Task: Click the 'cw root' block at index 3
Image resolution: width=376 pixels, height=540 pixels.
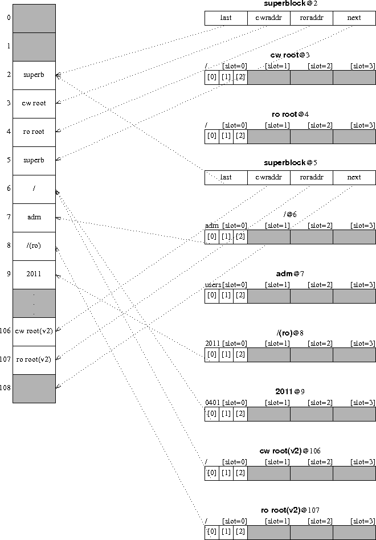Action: (34, 104)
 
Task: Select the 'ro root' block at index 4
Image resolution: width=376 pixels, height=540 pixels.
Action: (34, 132)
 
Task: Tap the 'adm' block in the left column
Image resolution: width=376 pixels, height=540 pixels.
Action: (34, 218)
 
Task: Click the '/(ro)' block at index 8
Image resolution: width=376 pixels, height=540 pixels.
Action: (34, 246)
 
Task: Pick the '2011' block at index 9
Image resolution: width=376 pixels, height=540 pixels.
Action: (34, 275)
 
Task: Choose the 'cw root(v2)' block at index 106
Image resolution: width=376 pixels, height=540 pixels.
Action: (34, 332)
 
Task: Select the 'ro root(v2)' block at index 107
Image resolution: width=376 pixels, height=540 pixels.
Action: (34, 360)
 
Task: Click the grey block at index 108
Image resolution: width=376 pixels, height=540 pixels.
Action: (34, 388)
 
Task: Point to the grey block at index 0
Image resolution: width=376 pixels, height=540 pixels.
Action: (34, 18)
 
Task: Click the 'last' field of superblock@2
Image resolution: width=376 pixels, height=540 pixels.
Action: (226, 18)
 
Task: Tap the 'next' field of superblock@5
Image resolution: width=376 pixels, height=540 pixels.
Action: (354, 178)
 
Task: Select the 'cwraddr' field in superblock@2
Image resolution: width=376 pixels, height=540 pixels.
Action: (269, 18)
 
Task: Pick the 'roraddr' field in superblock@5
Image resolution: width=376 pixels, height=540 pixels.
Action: (312, 178)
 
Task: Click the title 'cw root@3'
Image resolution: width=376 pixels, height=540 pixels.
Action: (290, 55)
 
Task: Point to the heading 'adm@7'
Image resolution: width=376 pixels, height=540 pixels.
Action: (290, 274)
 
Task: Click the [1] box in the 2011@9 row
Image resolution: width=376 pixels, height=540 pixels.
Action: (226, 414)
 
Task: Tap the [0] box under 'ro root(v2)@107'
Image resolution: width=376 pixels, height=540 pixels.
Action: (212, 532)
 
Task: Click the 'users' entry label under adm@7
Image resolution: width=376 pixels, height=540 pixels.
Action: (213, 285)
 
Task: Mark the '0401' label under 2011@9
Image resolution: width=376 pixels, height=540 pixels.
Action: (212, 403)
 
